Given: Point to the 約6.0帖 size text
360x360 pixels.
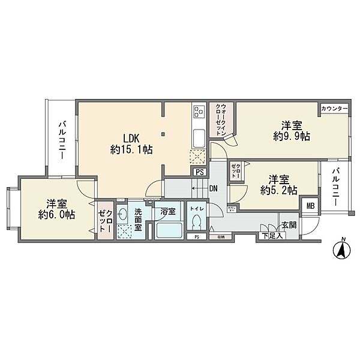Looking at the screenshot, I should coord(56,214).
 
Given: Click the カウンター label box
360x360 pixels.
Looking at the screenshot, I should coord(334,109).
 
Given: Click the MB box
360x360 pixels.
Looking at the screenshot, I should coord(310,206).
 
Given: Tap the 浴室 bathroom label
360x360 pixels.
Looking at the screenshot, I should coord(169,211).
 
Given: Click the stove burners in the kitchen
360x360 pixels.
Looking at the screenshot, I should coord(199,113).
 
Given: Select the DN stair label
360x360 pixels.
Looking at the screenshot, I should coord(213,188).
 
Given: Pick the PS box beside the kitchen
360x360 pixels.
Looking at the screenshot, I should coord(199,172).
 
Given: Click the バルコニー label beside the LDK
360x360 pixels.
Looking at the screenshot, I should coord(61,140).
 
